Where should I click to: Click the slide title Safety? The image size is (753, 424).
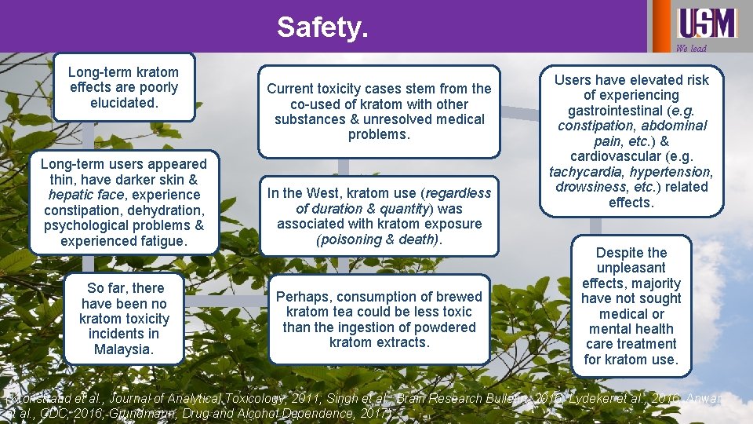point(322,27)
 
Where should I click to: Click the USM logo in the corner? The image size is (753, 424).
point(707,23)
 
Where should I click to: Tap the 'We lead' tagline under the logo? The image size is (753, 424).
point(691,49)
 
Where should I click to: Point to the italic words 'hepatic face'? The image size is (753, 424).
point(82,195)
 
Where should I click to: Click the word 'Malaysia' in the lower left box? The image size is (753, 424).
point(123,349)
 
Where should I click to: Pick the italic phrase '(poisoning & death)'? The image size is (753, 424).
point(379,239)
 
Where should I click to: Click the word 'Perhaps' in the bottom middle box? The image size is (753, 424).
point(303,296)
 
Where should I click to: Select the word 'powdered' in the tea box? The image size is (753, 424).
point(448,327)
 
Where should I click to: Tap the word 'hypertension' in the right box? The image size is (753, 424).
point(673,171)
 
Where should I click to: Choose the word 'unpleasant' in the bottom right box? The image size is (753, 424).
point(631,268)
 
